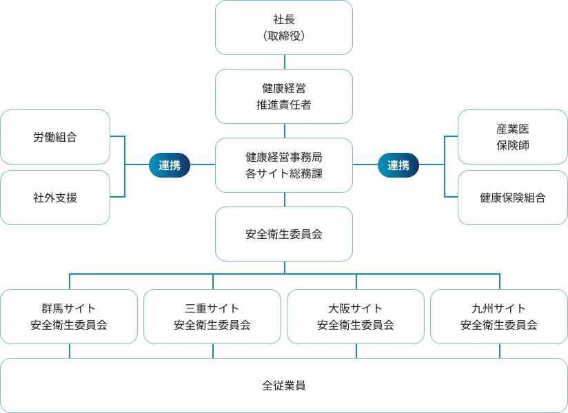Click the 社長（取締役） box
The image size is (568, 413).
coord(284,28)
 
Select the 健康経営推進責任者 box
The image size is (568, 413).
coord(284,96)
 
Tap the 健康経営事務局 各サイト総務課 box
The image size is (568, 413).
coord(284,165)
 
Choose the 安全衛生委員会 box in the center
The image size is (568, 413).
coord(284,234)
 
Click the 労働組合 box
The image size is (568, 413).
coord(55,137)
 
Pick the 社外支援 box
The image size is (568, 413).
coord(55,198)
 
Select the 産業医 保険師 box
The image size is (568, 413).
coord(513,137)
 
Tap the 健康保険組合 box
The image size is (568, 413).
coord(513,198)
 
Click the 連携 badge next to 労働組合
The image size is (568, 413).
coord(170,165)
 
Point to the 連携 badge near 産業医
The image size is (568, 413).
coord(398,165)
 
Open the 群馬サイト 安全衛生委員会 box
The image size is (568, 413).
coord(69,317)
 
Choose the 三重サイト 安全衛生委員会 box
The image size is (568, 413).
coord(212,317)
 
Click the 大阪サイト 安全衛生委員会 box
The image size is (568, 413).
coord(356,317)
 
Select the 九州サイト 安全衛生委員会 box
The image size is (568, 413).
coord(499,317)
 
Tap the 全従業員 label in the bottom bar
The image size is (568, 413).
coord(284,385)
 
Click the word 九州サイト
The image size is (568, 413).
coord(499,308)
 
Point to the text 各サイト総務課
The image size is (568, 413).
coord(284,174)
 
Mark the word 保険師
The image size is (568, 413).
coord(513,146)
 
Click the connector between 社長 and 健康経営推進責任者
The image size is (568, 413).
coord(284,62)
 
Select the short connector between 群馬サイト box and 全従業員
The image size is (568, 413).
coord(69,351)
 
